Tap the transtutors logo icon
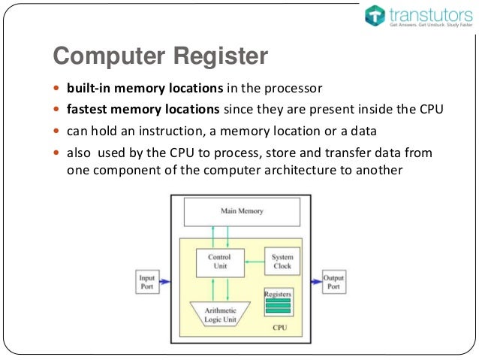[x=375, y=16]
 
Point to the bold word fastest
[x=88, y=110]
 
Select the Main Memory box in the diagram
[x=242, y=211]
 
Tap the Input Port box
[x=147, y=283]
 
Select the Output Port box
[x=333, y=283]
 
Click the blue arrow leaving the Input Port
[x=165, y=283]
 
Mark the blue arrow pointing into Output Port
[x=315, y=283]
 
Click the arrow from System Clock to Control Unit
[x=253, y=261]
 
